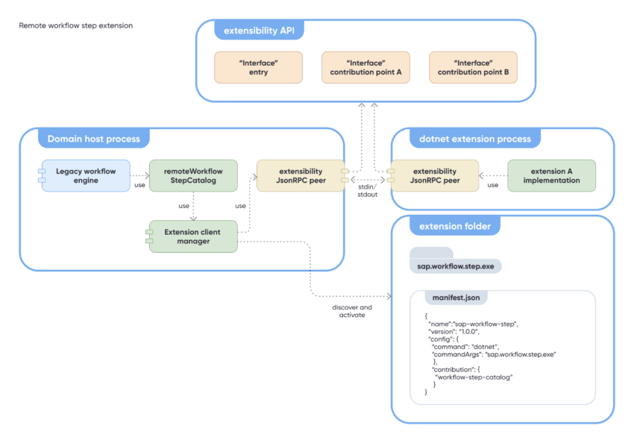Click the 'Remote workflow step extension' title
coord(75,25)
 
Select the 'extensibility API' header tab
coord(258,31)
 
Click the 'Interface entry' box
coord(258,67)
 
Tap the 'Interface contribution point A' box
coord(365,67)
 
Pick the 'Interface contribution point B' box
coord(473,67)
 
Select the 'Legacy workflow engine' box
coord(86,175)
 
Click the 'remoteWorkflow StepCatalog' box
coord(193,175)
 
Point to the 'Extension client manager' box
coord(194,236)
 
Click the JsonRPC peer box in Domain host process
coord(300,175)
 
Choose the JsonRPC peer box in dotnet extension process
coord(434,175)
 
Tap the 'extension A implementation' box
coord(550,175)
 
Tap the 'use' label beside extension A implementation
coord(492,185)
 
